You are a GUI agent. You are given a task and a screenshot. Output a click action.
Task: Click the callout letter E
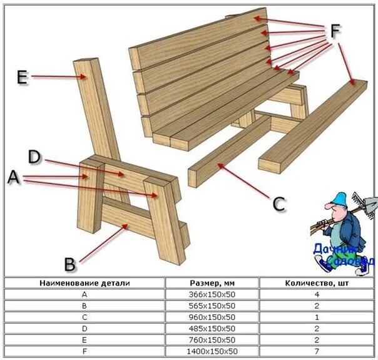[22, 77]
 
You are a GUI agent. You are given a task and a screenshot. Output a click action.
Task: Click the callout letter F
[336, 32]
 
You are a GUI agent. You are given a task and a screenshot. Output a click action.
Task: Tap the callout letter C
[279, 203]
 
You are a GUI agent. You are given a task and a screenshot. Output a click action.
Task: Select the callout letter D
[34, 156]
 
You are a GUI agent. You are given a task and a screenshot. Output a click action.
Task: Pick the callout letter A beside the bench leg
[13, 178]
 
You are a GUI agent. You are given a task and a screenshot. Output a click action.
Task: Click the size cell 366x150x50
[212, 294]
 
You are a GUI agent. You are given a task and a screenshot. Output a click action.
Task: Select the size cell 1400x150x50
[212, 351]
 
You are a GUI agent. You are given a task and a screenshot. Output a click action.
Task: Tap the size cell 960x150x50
[212, 317]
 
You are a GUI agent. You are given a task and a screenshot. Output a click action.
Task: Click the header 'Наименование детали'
[84, 283]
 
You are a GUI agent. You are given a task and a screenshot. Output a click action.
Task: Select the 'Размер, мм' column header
[212, 283]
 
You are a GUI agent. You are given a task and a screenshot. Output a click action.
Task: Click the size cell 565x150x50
[212, 306]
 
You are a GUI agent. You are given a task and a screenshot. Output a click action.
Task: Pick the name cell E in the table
[84, 340]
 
